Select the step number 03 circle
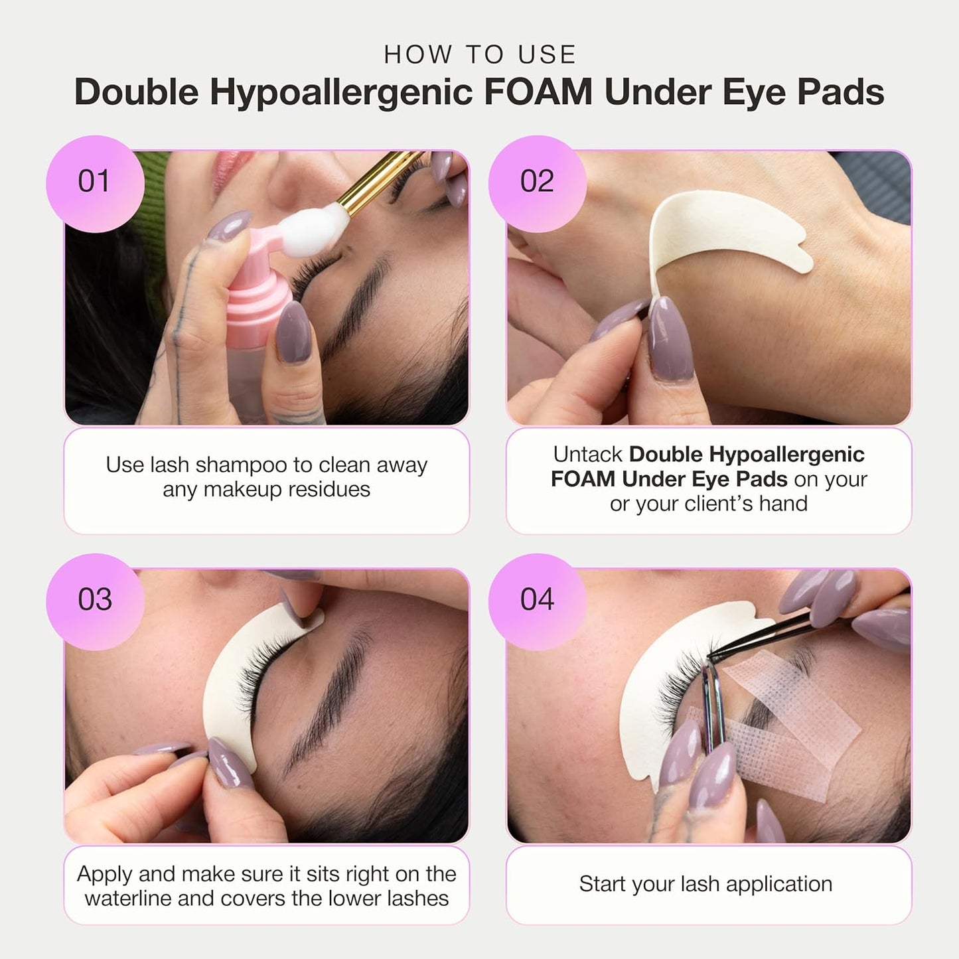94,601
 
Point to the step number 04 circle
537,601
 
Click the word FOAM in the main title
538,92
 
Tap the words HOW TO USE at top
480,54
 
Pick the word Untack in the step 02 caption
588,455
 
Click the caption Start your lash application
705,884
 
